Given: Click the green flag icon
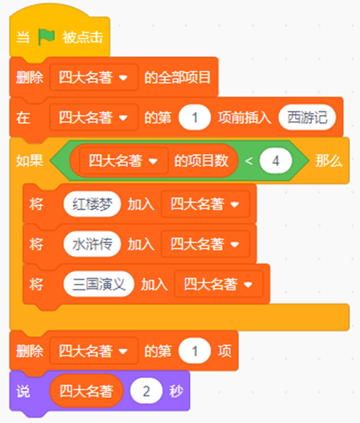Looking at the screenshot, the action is pos(46,37).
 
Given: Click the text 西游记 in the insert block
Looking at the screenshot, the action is pos(307,118).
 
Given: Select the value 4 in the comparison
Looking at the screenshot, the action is pos(275,161).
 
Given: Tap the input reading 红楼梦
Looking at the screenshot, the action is pos(92,204).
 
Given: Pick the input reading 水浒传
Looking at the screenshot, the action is pos(92,244).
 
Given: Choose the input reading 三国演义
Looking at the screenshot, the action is pos(99,284).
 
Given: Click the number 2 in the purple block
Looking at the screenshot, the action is pos(146,391).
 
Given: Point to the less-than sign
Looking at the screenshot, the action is pos(249,161).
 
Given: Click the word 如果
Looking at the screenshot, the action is pos(30,161).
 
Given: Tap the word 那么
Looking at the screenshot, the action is pos(329,161).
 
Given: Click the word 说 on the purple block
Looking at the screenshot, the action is pos(23,391).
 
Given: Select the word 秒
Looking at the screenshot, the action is pos(176,391).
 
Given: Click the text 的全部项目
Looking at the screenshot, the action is pos(177,78).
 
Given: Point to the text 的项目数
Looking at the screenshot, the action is pos(201,161).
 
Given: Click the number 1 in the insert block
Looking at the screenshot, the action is pos(195,118).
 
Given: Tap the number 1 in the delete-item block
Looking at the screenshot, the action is pos(195,351).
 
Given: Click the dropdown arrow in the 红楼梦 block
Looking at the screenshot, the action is pos(235,204).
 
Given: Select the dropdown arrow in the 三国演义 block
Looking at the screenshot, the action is pos(248,285).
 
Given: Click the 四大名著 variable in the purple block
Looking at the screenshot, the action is pos(86,391).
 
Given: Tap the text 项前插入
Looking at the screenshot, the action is pos(244,118).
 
